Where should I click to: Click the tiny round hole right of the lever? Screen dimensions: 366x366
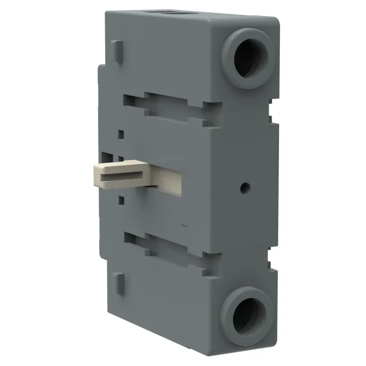[x=245, y=187]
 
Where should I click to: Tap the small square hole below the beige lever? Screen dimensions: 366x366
[x=121, y=200]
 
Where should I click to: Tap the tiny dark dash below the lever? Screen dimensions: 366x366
[x=184, y=225]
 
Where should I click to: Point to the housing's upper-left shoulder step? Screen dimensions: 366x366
[x=101, y=68]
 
